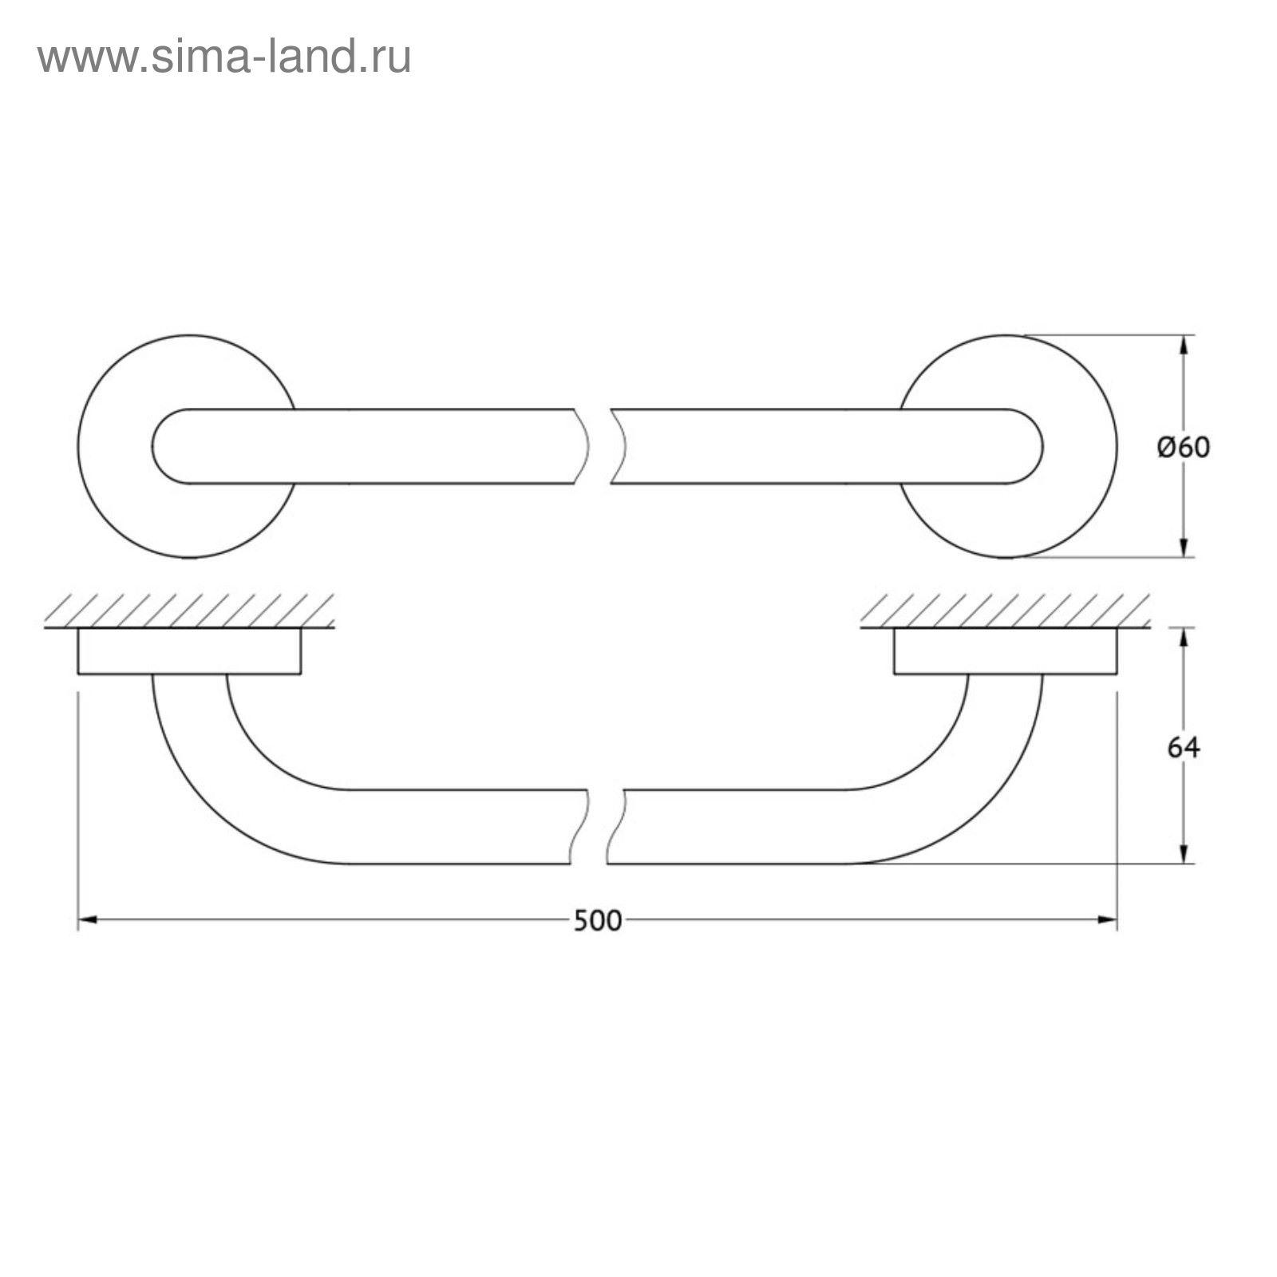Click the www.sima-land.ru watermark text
pos(224,57)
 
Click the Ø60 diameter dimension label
pos(1184,448)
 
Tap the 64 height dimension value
pos(1184,748)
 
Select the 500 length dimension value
pos(597,921)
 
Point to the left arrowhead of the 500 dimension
pos(87,920)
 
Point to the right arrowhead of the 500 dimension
pos(1108,920)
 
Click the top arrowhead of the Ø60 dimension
pos(1184,344)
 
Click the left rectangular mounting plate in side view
pos(189,651)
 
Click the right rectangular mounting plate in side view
pos(1005,651)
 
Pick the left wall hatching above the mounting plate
pos(189,610)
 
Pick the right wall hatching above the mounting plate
pos(1005,610)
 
